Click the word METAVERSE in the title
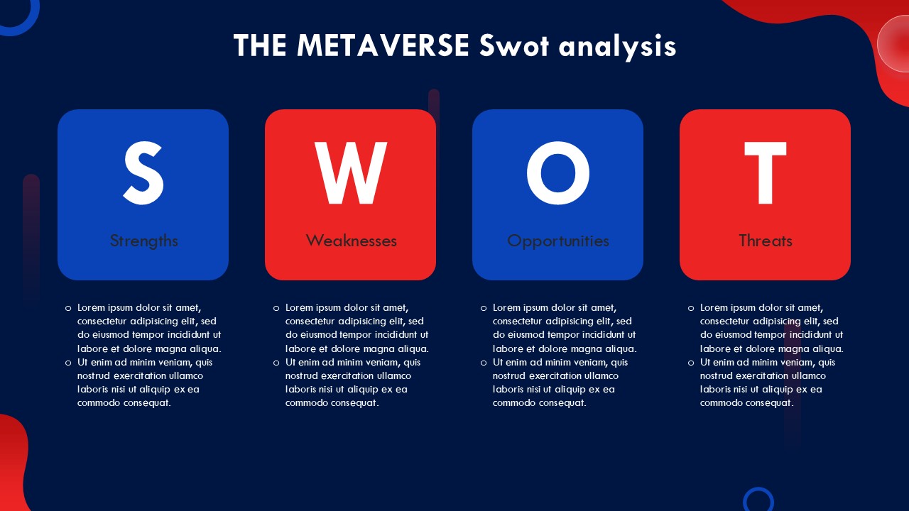click(383, 45)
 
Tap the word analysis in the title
click(617, 47)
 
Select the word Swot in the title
click(513, 45)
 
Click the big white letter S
click(143, 172)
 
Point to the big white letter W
click(351, 172)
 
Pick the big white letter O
click(558, 172)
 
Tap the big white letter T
click(766, 172)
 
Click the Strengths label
click(143, 241)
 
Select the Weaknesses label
click(351, 241)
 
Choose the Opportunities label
click(558, 241)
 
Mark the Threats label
click(766, 241)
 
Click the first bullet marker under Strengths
click(68, 309)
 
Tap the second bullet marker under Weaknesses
click(276, 363)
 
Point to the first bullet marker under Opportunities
click(484, 309)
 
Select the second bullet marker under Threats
click(691, 363)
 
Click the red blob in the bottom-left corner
click(13, 462)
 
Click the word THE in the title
click(260, 45)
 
